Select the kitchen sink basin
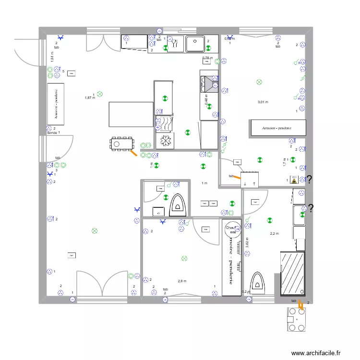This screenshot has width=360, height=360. click(195, 43)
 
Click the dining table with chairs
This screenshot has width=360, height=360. click(122, 143)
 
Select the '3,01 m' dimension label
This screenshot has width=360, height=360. click(263, 102)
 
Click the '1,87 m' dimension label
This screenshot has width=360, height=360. click(90, 97)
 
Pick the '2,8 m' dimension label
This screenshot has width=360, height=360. click(181, 281)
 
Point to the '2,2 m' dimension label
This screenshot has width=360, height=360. click(274, 234)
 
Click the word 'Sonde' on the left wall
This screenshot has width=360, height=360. click(52, 132)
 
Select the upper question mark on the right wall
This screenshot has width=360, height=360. click(310, 180)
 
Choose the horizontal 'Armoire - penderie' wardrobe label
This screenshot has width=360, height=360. click(277, 128)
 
